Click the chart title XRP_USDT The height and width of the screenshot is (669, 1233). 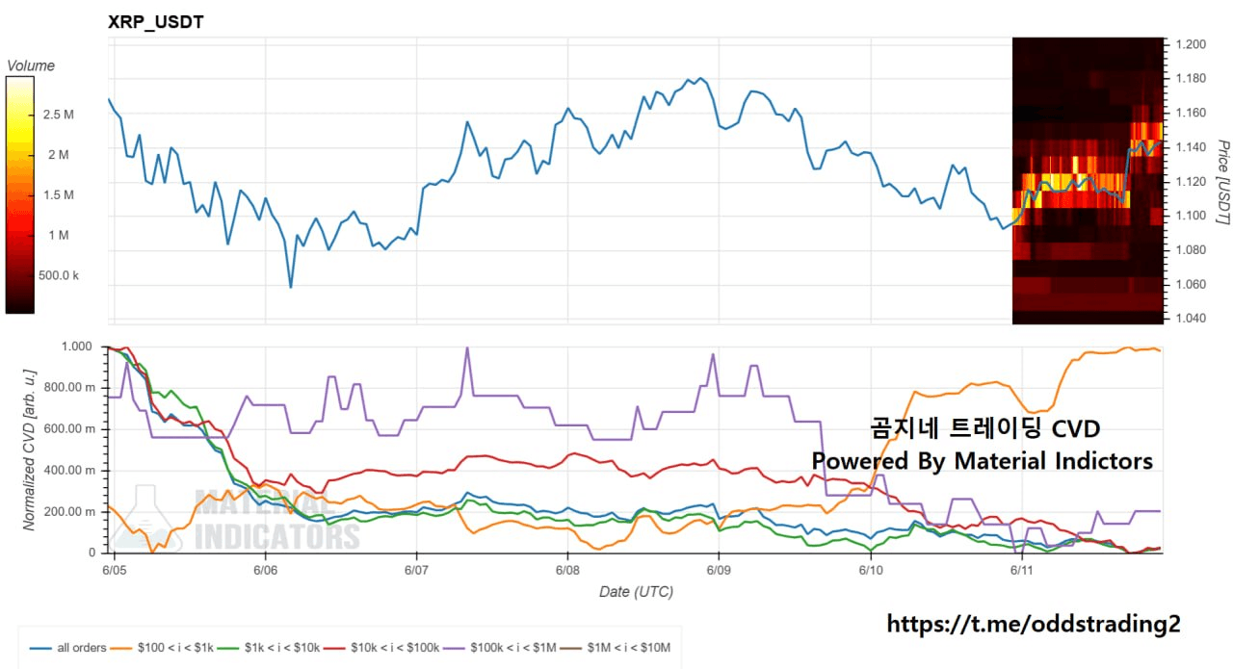pos(156,22)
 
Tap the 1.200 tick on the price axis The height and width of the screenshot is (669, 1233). pos(1191,44)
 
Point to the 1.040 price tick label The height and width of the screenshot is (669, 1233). pos(1191,318)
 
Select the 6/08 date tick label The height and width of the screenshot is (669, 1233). pos(567,570)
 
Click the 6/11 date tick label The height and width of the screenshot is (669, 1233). pos(1022,570)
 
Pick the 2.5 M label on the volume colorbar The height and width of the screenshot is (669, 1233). pos(59,115)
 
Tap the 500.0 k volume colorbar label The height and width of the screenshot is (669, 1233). pos(59,275)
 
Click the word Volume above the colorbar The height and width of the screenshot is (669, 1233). pos(31,65)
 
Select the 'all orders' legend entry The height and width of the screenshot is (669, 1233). pos(67,648)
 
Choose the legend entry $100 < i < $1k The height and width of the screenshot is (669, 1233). pos(162,648)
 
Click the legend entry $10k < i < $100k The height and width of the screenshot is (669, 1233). pos(381,648)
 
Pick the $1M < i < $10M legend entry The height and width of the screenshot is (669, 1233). pos(616,648)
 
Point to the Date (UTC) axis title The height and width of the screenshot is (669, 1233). pos(636,592)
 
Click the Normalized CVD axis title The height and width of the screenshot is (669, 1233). pos(29,450)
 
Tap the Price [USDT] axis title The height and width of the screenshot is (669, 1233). pos(1222,182)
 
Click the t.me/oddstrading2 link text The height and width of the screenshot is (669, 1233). pos(1034,624)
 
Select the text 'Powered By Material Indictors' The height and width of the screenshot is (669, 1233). pos(982,461)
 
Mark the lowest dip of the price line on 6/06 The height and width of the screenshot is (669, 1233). pos(291,287)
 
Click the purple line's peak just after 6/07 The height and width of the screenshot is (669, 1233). pos(467,347)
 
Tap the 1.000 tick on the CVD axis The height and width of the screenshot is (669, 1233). pos(76,347)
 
